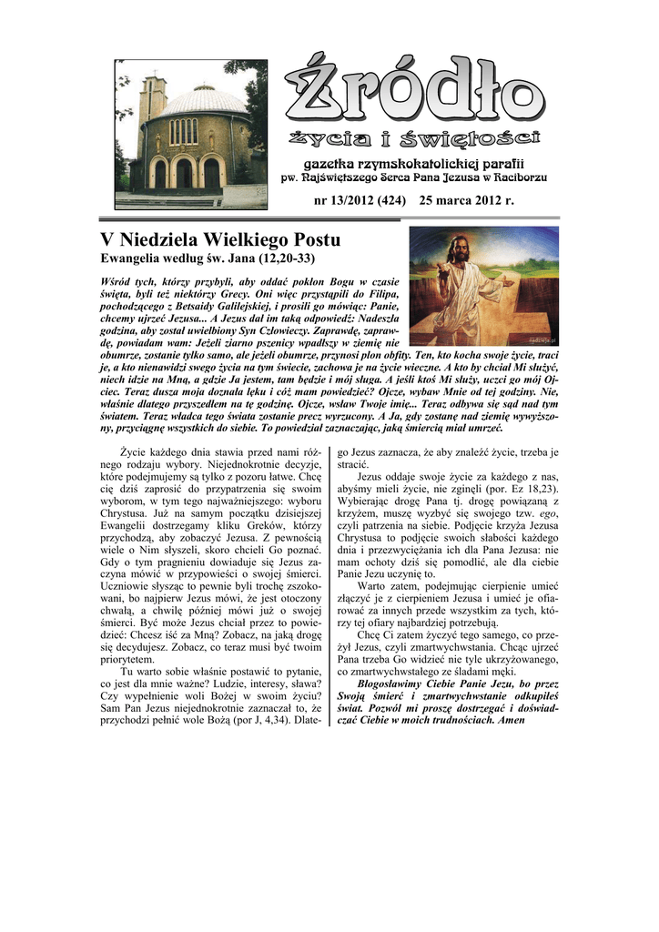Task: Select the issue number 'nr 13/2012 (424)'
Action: pos(360,200)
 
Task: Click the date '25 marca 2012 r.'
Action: pos(467,200)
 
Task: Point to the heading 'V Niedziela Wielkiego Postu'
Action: pos(219,240)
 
